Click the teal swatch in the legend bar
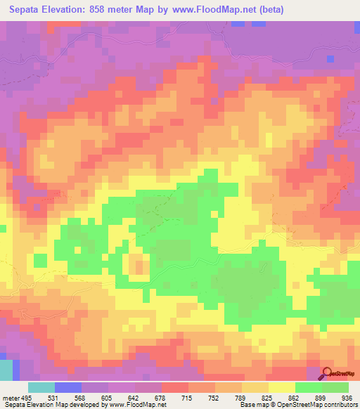click(x=41, y=387)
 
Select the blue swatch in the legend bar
click(x=67, y=387)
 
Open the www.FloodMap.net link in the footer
click(x=134, y=404)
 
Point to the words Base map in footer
click(x=254, y=404)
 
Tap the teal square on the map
click(x=6, y=370)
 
